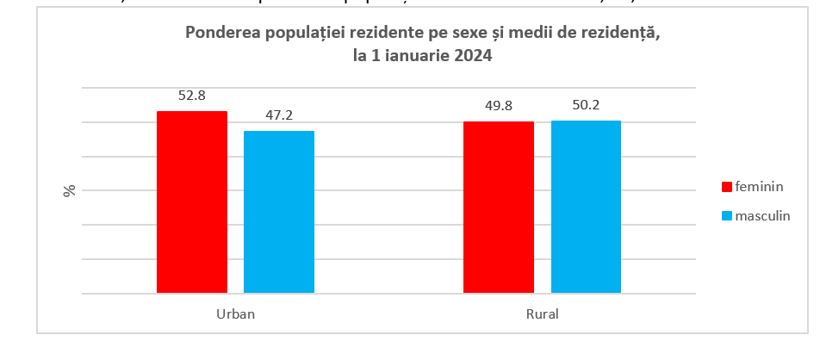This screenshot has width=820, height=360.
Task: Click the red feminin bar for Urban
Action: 191,202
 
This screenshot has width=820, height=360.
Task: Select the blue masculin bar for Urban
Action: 279,212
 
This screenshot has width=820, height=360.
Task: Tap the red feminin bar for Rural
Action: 499,208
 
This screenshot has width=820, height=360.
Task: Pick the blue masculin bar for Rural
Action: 586,207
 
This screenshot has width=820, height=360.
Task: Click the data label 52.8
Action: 191,96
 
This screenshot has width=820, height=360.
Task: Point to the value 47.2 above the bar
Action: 279,115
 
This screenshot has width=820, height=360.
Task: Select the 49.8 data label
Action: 499,106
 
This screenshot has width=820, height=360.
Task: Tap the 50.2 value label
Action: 586,105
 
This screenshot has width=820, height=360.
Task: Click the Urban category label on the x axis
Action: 235,314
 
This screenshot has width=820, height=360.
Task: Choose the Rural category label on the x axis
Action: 543,314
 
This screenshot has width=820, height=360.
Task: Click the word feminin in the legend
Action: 759,186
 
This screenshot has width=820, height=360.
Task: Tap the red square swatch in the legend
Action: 726,187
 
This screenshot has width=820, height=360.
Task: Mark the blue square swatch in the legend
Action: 726,216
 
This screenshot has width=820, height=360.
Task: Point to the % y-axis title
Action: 70,190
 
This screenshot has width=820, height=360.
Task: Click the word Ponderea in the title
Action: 217,34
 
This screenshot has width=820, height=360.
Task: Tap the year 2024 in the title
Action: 475,56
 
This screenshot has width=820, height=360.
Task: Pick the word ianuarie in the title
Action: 422,56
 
